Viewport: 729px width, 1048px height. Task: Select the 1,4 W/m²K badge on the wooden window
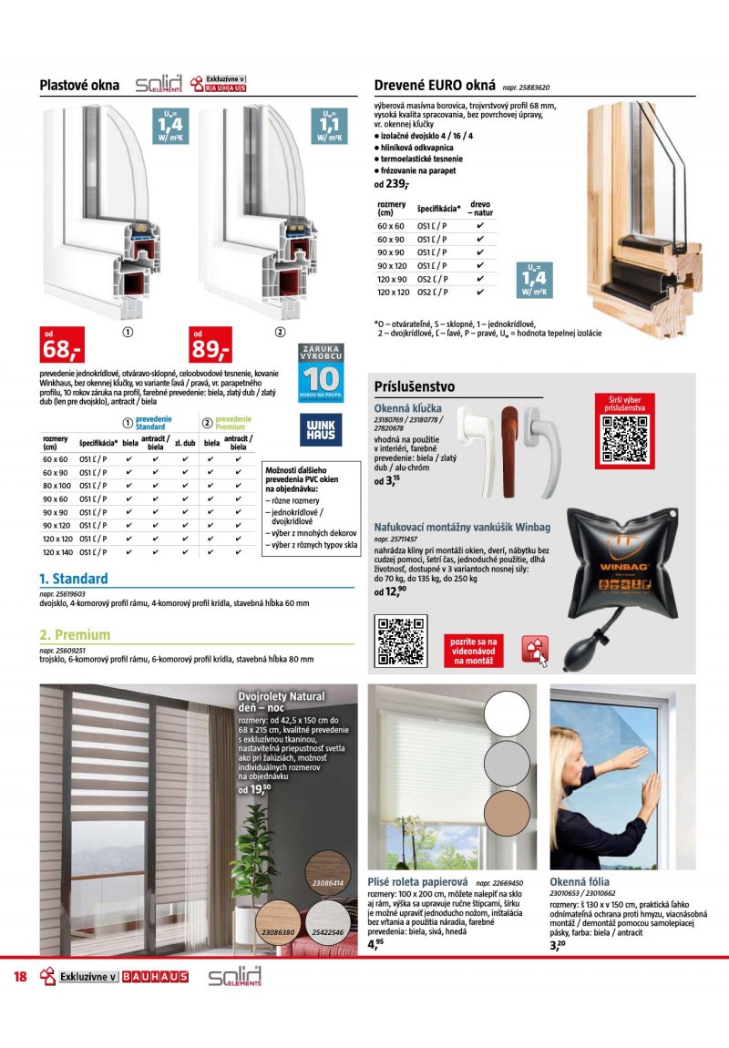coord(535,279)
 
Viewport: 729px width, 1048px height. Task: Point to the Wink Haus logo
coord(321,429)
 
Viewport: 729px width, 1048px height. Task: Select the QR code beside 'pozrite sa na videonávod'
coord(401,641)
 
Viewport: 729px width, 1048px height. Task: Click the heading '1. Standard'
coord(73,579)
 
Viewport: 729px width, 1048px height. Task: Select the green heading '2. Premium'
coord(74,635)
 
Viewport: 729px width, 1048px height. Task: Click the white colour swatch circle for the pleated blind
coord(512,715)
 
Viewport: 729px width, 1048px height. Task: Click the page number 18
coord(20,977)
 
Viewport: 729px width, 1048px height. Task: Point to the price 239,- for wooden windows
coord(397,183)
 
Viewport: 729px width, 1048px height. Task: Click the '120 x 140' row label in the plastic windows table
coord(56,551)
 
